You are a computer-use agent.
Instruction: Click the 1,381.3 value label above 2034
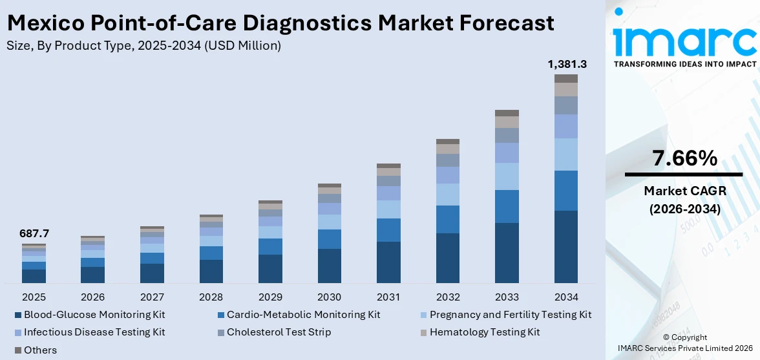tap(566, 64)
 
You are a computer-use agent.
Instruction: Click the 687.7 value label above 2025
tap(34, 233)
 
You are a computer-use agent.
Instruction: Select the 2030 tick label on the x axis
tap(330, 297)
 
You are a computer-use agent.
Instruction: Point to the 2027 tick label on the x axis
tap(152, 297)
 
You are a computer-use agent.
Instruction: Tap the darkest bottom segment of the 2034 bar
tap(566, 246)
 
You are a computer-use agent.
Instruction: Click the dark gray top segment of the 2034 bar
tap(566, 78)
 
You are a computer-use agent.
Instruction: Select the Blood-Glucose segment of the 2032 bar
tap(448, 258)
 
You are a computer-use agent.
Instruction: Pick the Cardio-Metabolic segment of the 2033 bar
tap(507, 206)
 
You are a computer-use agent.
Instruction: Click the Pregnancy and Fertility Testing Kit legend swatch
tap(423, 315)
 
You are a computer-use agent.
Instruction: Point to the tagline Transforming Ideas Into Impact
tap(684, 64)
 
